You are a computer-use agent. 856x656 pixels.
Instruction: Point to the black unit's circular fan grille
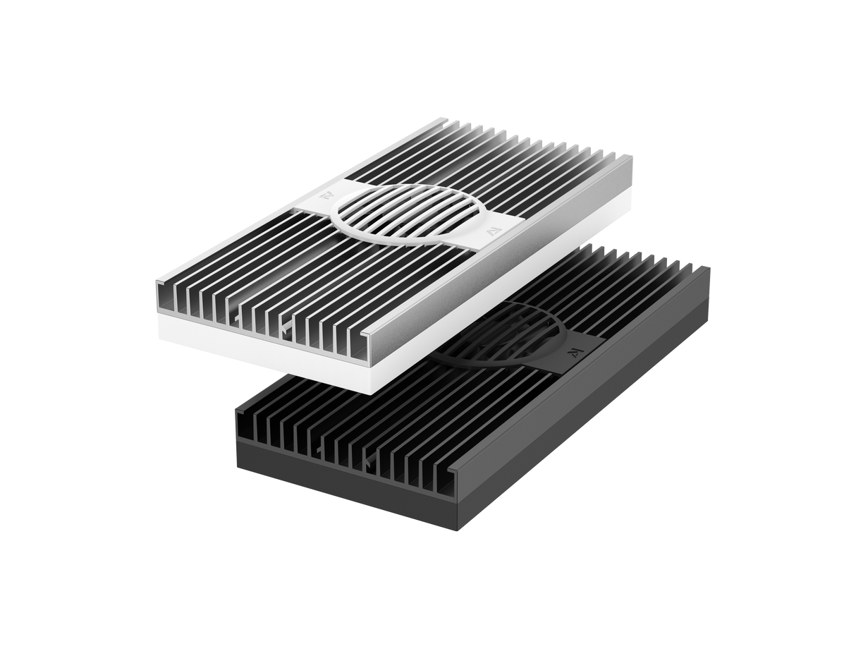click(x=508, y=335)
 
